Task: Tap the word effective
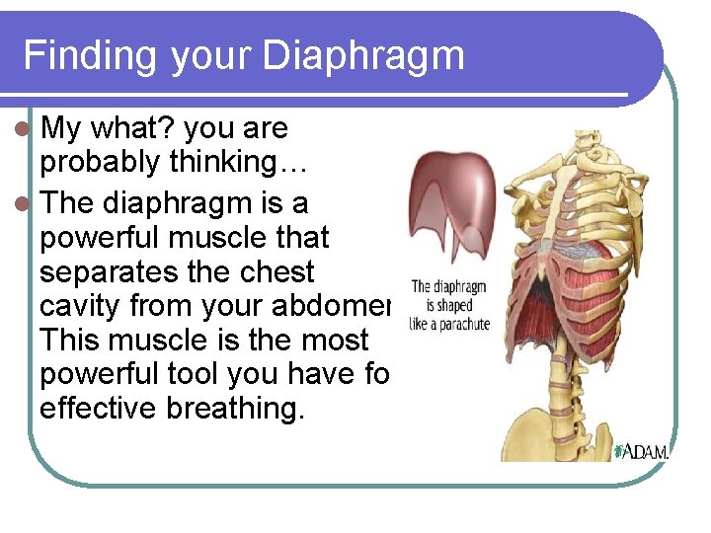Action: coord(99,409)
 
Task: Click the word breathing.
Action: coord(236,409)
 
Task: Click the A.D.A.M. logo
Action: coord(642,451)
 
